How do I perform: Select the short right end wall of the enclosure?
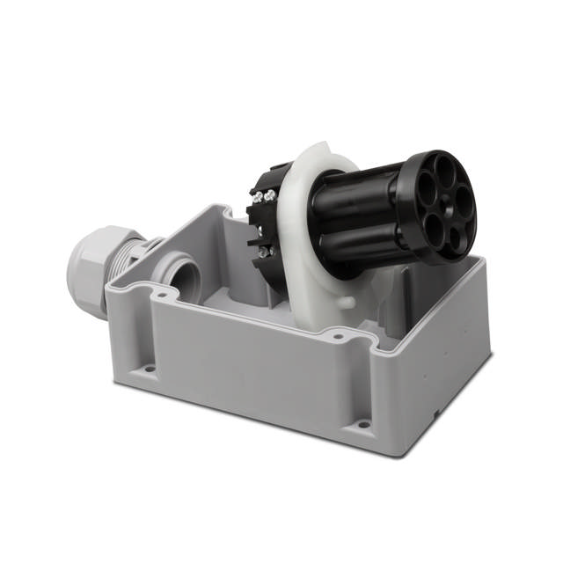point(440,352)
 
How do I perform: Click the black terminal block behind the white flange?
point(260,224)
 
